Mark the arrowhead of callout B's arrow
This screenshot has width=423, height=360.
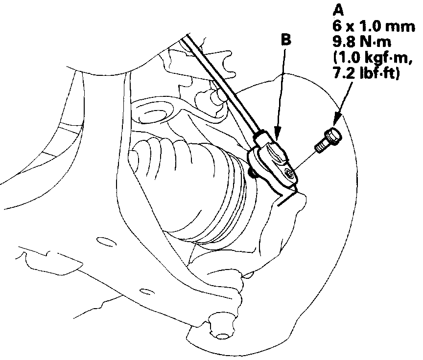click(x=277, y=135)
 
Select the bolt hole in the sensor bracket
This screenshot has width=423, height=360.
click(x=290, y=174)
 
